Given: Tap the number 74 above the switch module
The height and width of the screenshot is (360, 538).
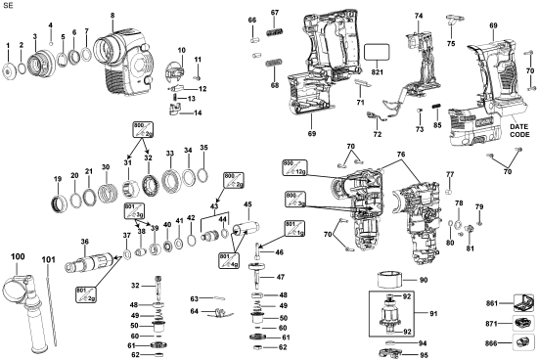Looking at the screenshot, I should pyautogui.click(x=418, y=17).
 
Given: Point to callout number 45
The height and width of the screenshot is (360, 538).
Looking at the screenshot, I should pyautogui.click(x=247, y=205).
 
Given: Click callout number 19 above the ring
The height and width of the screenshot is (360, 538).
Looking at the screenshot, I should pyautogui.click(x=58, y=179).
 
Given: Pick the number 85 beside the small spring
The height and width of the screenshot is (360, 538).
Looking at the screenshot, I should pyautogui.click(x=437, y=124).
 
